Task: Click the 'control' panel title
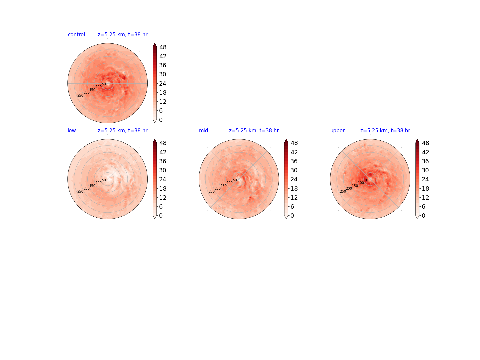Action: point(76,35)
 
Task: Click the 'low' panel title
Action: point(72,130)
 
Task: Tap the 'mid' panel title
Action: point(203,130)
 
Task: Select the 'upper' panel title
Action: point(337,131)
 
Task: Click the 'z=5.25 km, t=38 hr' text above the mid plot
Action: point(254,130)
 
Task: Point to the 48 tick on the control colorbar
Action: point(163,47)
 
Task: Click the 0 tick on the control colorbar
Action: point(161,120)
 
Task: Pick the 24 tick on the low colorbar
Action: point(163,179)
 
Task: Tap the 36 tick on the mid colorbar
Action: point(294,161)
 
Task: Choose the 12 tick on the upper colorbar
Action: point(425,197)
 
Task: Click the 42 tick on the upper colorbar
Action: point(425,152)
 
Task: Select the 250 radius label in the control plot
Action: point(80,96)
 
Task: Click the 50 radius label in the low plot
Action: point(104,180)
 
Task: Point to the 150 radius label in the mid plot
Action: point(223,186)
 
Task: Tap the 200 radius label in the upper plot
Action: point(349,188)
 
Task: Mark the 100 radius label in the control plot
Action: point(99,87)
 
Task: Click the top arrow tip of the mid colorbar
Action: point(286,139)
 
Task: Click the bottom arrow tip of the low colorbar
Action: point(155,219)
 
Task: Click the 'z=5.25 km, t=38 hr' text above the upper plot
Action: point(385,130)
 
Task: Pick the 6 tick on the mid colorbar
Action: point(292,207)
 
